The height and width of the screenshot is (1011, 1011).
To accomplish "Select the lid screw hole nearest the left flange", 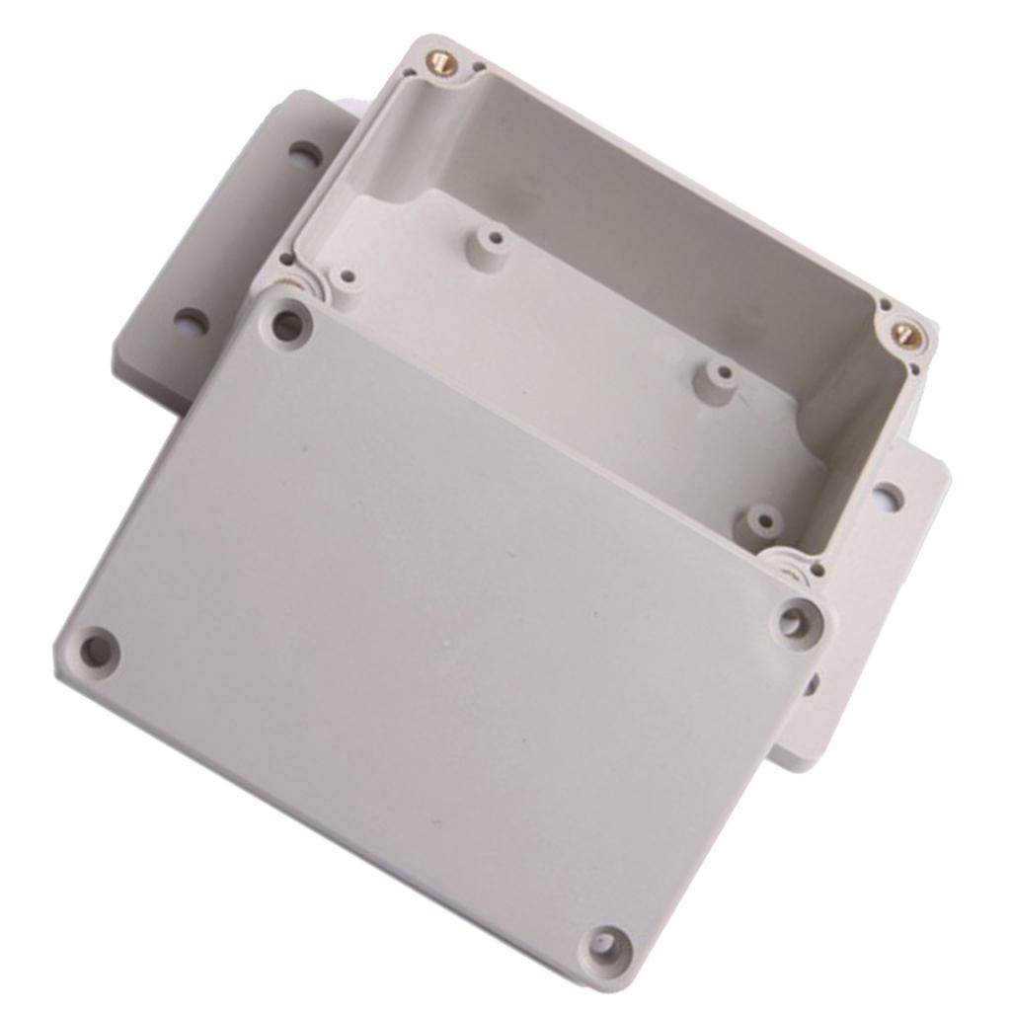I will (287, 325).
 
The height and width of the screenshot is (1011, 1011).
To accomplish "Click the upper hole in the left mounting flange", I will (305, 156).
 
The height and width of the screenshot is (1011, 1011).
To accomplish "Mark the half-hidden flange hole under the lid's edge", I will (812, 682).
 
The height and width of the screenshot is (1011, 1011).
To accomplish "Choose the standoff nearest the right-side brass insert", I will (723, 375).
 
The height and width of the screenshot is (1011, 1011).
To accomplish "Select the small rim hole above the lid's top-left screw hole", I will (285, 261).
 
